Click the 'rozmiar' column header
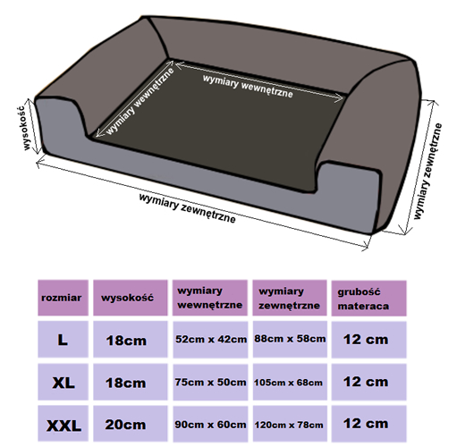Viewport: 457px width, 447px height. [63, 298]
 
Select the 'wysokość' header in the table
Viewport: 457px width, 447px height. [131, 298]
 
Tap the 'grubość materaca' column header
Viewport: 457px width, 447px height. [368, 299]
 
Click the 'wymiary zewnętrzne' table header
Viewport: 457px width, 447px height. [290, 298]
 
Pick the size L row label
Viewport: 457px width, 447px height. [63, 340]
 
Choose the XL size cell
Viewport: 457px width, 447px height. [63, 382]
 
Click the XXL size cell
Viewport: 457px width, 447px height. [63, 424]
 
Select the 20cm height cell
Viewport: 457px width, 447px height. [131, 424]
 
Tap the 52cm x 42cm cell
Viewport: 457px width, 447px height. [210, 340]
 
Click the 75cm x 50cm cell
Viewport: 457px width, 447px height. [210, 382]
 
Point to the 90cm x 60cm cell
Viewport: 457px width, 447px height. [210, 424]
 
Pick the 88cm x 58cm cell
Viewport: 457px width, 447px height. [290, 339]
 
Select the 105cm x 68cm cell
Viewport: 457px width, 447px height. [290, 382]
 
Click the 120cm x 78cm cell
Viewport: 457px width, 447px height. [290, 424]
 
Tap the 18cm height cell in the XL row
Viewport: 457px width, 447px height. [131, 382]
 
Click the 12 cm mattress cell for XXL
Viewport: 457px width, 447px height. [368, 424]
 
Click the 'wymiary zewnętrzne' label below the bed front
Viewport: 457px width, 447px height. [187, 208]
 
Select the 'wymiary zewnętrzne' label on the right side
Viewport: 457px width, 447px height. [427, 172]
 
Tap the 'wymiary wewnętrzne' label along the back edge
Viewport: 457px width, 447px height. [248, 86]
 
